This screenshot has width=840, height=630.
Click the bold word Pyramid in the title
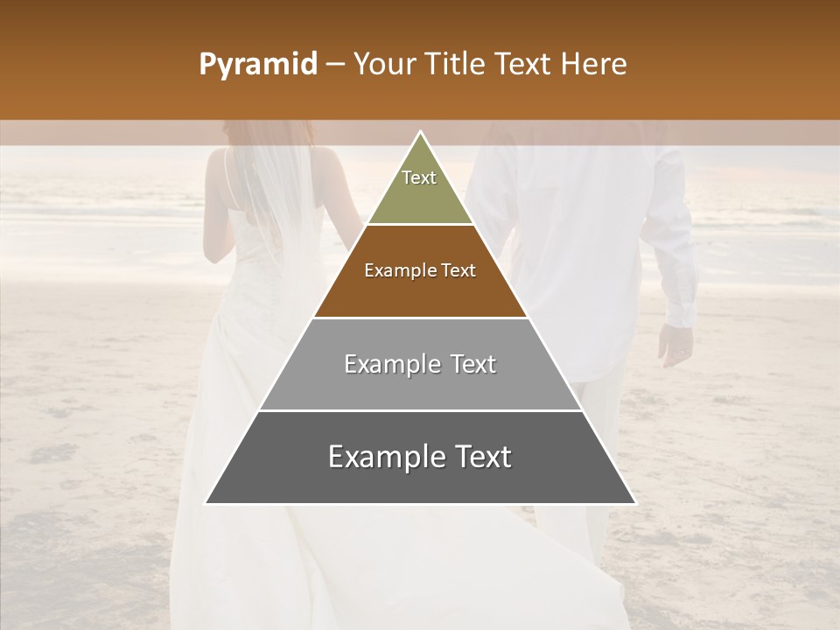pos(257,65)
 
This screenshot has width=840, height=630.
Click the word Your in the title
pos(384,65)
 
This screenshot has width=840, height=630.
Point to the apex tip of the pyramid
pos(420,133)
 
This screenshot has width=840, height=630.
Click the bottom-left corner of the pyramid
pos(207,502)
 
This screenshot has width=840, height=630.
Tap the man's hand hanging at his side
pos(675,346)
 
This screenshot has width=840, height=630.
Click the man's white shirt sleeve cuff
pos(679,311)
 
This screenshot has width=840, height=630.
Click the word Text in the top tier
pos(419,178)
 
